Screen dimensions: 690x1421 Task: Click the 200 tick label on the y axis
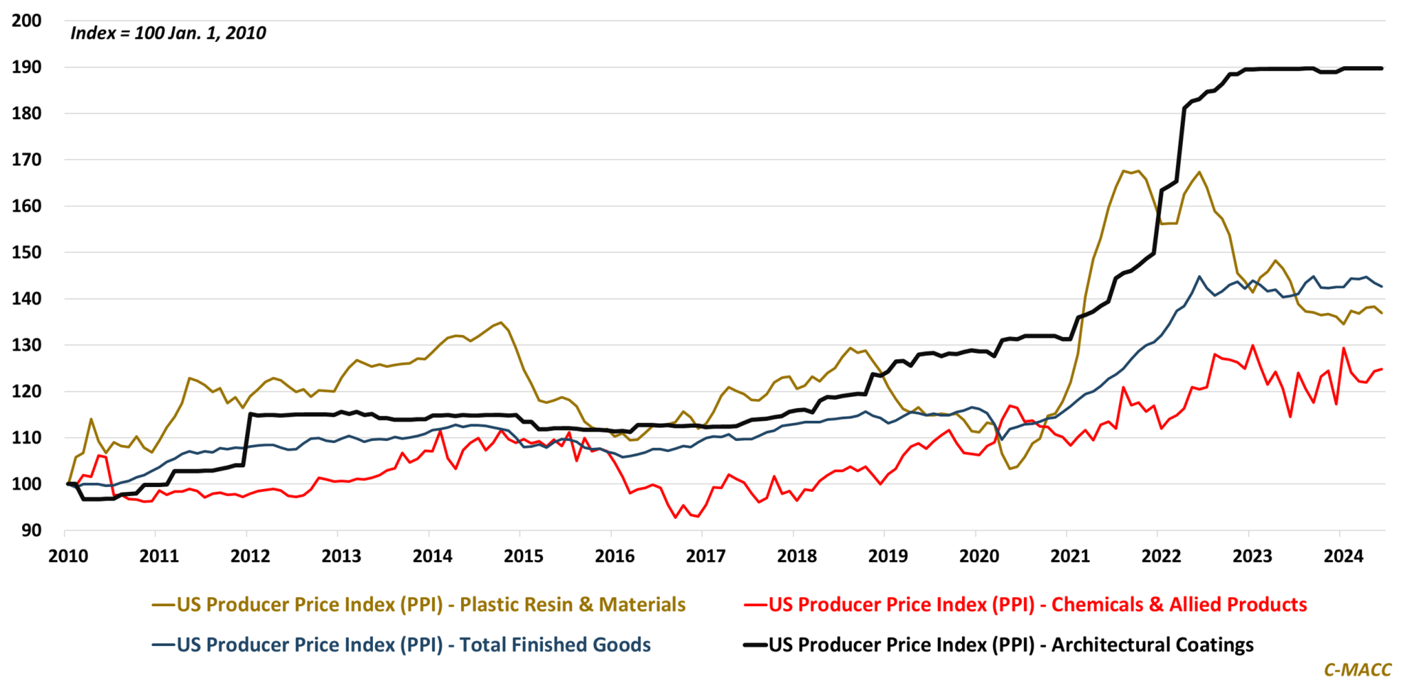pos(27,21)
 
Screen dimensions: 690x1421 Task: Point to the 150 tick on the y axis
pos(27,253)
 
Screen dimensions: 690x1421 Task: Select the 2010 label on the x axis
pos(68,557)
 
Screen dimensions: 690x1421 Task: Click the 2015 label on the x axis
pos(524,557)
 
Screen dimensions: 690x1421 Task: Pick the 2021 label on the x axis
pos(1070,557)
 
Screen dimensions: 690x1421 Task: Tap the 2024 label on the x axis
pos(1343,557)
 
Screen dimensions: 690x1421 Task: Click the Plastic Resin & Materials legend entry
pos(419,605)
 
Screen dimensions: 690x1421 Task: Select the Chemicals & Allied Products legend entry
pos(1026,605)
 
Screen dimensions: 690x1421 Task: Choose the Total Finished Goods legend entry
pos(402,645)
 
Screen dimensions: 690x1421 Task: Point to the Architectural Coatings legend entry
pos(999,645)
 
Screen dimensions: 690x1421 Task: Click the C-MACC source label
pos(1357,669)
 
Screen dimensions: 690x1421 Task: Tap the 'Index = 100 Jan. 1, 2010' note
pos(168,33)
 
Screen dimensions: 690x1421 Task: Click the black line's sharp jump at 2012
pos(248,440)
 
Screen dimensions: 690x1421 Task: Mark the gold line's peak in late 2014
pos(501,323)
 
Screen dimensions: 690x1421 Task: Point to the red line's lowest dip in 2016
pos(676,517)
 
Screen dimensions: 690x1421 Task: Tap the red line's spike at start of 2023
pos(1252,346)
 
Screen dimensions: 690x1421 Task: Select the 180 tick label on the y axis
pos(27,114)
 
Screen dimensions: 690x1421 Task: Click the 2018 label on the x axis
pos(796,557)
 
